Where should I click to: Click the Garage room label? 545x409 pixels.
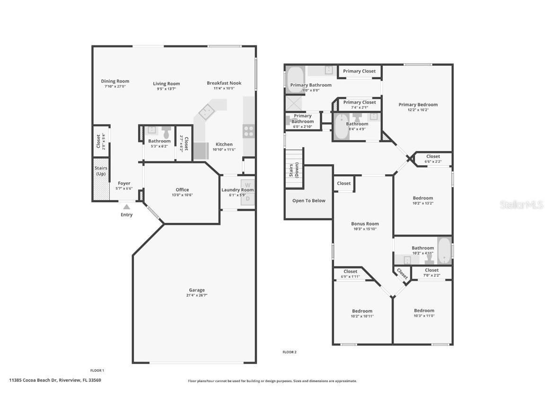(197, 290)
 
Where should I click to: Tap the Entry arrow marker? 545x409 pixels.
(126, 206)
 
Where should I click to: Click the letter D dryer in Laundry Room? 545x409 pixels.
(247, 199)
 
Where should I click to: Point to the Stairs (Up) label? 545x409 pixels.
(101, 171)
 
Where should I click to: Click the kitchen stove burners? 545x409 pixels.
(249, 131)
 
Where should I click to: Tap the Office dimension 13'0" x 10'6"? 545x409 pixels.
(182, 195)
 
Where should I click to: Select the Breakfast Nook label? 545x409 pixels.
(224, 83)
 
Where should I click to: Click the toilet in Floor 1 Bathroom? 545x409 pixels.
(166, 132)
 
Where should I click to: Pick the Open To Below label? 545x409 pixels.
(308, 201)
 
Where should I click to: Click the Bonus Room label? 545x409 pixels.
(365, 224)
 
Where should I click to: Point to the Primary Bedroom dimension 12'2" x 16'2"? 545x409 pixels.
(418, 110)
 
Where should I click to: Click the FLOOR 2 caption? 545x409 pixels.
(289, 352)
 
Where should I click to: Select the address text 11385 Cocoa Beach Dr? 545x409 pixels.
(55, 380)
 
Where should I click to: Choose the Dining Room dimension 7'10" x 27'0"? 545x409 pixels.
(115, 87)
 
